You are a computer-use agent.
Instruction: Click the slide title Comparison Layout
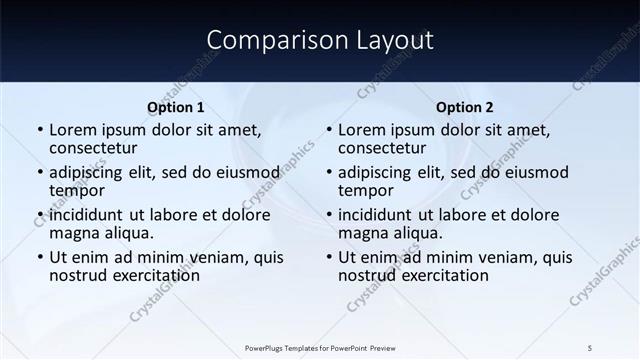320,40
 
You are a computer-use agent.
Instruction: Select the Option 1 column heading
176,108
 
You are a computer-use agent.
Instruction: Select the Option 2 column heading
465,108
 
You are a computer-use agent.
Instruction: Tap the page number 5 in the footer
590,347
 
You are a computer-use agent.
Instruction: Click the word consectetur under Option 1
93,149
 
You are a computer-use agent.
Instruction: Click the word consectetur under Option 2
382,149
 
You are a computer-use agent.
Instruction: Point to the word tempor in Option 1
77,191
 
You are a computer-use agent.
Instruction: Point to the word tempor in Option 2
366,191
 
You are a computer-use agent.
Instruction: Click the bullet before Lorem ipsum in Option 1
40,131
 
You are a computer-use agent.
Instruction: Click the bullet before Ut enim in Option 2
329,257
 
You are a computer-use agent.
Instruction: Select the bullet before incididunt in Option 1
40,215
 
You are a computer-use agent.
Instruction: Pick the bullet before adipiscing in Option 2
329,173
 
